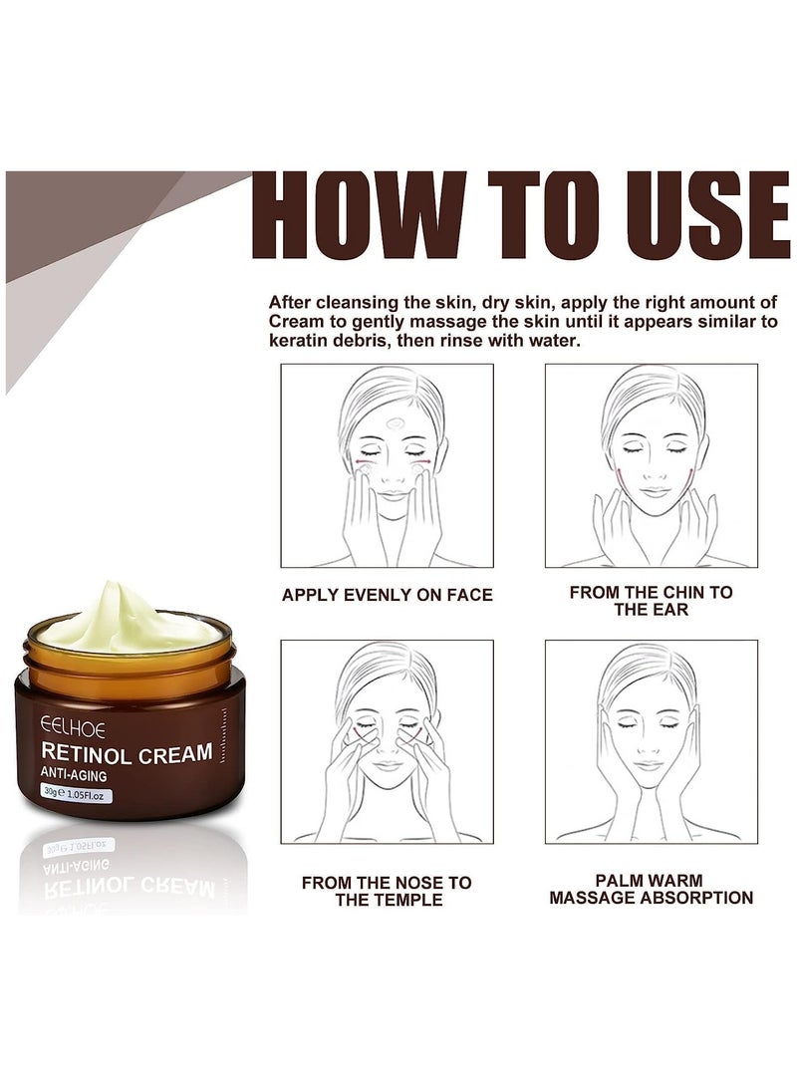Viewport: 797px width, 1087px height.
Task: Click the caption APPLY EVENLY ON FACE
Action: pos(387,595)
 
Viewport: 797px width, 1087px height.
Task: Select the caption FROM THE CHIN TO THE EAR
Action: pos(651,600)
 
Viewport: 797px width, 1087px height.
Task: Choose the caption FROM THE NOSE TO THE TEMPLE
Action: pos(387,891)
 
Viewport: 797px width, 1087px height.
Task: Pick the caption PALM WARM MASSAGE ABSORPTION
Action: pos(650,889)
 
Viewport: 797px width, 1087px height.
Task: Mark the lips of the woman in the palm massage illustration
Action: pos(650,765)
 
